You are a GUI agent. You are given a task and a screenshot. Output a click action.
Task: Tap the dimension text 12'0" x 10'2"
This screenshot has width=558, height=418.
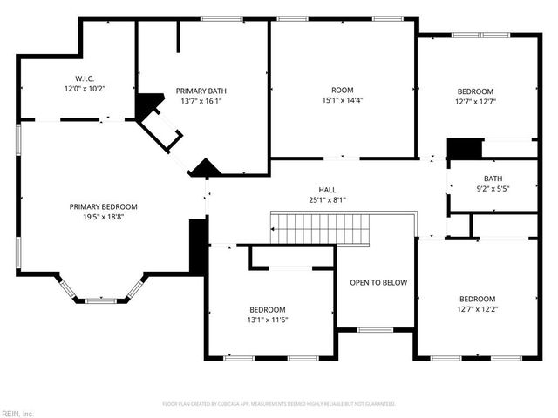click(84, 89)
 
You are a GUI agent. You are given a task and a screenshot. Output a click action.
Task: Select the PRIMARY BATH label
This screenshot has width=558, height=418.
click(201, 91)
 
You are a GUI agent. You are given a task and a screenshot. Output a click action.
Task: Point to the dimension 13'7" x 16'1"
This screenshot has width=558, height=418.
click(201, 100)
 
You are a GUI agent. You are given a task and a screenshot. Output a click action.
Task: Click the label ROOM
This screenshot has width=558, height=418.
click(342, 90)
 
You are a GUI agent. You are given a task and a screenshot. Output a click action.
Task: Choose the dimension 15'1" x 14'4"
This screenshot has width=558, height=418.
click(342, 100)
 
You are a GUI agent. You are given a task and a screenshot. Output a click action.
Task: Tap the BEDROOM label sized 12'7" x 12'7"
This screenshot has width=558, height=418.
click(476, 91)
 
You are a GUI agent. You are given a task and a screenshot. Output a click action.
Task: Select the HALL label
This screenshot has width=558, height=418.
click(327, 189)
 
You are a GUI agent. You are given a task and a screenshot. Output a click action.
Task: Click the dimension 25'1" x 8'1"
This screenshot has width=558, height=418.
click(327, 199)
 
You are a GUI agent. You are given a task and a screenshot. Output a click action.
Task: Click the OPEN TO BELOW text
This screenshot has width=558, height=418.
click(378, 282)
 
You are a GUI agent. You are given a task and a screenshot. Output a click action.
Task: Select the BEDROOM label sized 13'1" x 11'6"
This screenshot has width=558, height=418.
click(267, 309)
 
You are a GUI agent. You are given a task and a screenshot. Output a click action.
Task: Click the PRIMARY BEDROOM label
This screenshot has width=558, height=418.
click(104, 206)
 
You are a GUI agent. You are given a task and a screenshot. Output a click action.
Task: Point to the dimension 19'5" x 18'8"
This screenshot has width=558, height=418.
click(104, 217)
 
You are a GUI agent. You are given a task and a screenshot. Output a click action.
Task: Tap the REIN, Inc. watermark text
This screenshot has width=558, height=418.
click(17, 413)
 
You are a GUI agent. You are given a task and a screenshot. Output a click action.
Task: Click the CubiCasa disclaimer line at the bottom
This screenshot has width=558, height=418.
click(279, 404)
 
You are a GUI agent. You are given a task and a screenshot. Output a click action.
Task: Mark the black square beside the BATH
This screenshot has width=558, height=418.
click(464, 149)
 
